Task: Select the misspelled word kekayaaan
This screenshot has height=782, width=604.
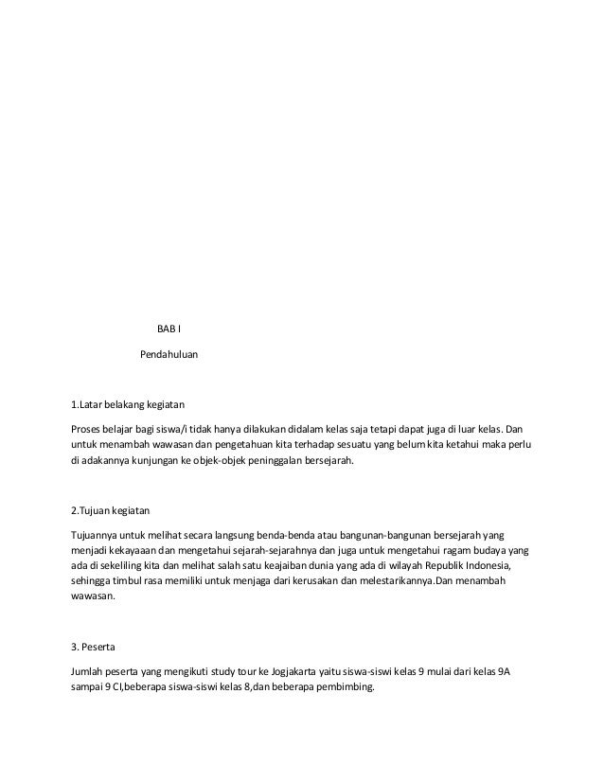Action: [x=135, y=550]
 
